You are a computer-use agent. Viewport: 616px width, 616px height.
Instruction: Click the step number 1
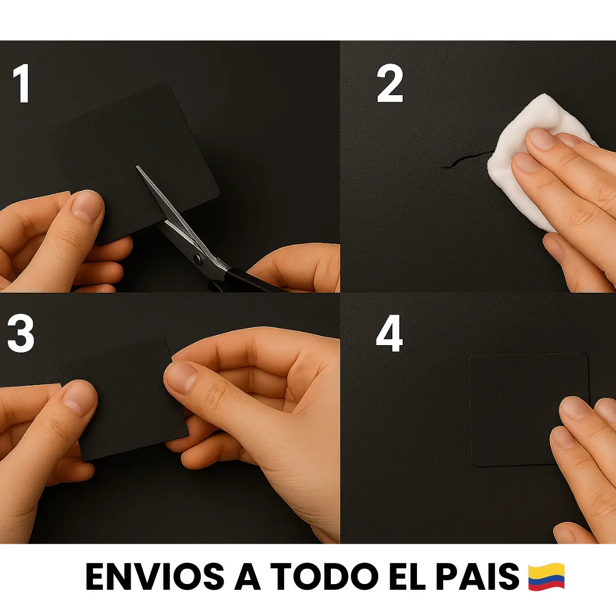22,83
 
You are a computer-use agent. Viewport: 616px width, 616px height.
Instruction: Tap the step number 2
390,83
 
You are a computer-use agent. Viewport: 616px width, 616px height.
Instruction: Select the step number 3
21,333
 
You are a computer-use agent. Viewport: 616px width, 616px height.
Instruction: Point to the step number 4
390,333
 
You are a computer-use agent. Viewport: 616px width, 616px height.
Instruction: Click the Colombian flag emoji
546,577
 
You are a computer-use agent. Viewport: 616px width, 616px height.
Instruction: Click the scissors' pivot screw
197,258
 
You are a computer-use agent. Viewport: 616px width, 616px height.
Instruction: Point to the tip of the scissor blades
137,167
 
